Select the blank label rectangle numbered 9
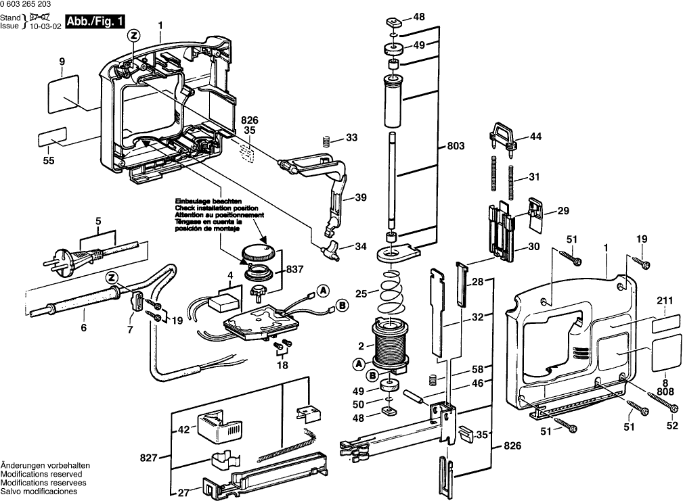point(64,93)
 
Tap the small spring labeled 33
point(326,141)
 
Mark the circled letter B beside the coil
point(372,374)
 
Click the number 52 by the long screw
point(671,425)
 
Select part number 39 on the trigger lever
point(360,198)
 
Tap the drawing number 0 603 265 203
point(34,5)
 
